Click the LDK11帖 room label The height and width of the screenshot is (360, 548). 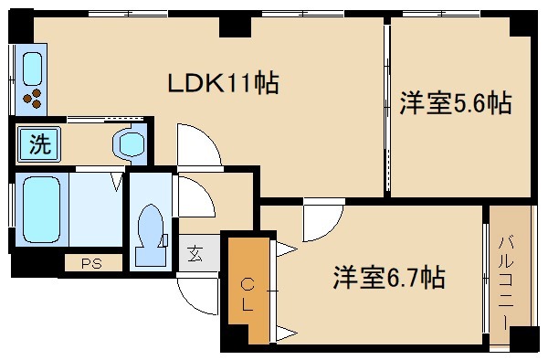221,84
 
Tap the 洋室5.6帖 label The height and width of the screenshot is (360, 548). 454,103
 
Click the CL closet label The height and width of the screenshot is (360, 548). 247,293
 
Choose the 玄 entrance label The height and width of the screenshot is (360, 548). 195,253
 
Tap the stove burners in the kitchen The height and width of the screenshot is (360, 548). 33,97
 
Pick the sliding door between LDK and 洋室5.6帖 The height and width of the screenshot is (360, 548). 388,110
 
